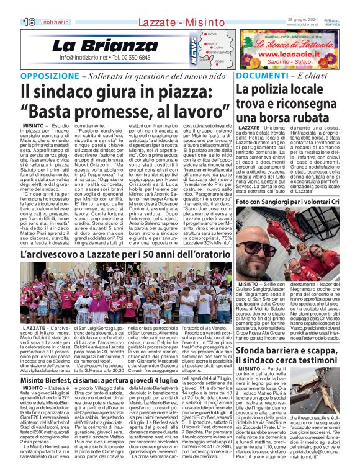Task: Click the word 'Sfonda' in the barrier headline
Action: [254, 338]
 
